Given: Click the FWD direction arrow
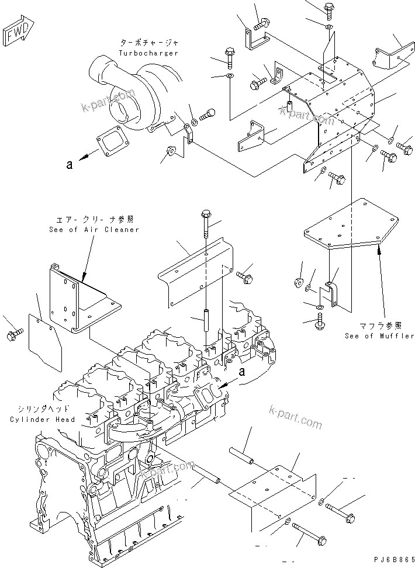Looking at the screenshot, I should (19, 33).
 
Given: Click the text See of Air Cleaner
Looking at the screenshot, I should (94, 230).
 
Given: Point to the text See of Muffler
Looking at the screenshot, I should (379, 336).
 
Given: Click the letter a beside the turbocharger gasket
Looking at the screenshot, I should (69, 165).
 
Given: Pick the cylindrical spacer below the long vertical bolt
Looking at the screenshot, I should (206, 323).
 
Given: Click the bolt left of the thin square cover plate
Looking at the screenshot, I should (15, 334).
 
